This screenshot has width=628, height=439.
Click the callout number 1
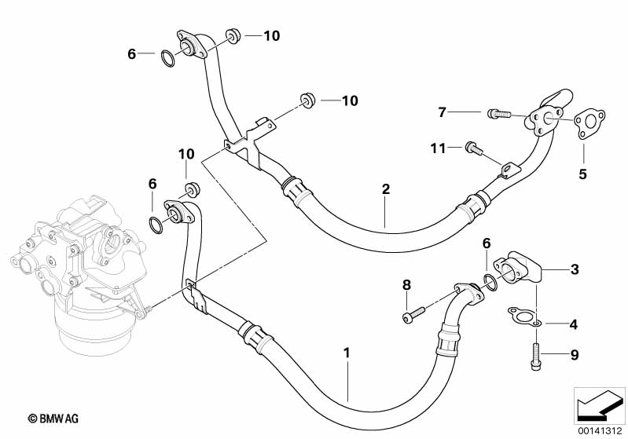346,354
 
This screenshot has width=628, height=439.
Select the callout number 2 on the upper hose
385,189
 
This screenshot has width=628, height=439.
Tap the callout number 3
575,269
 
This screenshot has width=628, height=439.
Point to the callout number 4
574,324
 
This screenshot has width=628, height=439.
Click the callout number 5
582,174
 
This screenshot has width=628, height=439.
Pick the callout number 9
574,356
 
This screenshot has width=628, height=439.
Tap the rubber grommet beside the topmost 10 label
232,35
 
